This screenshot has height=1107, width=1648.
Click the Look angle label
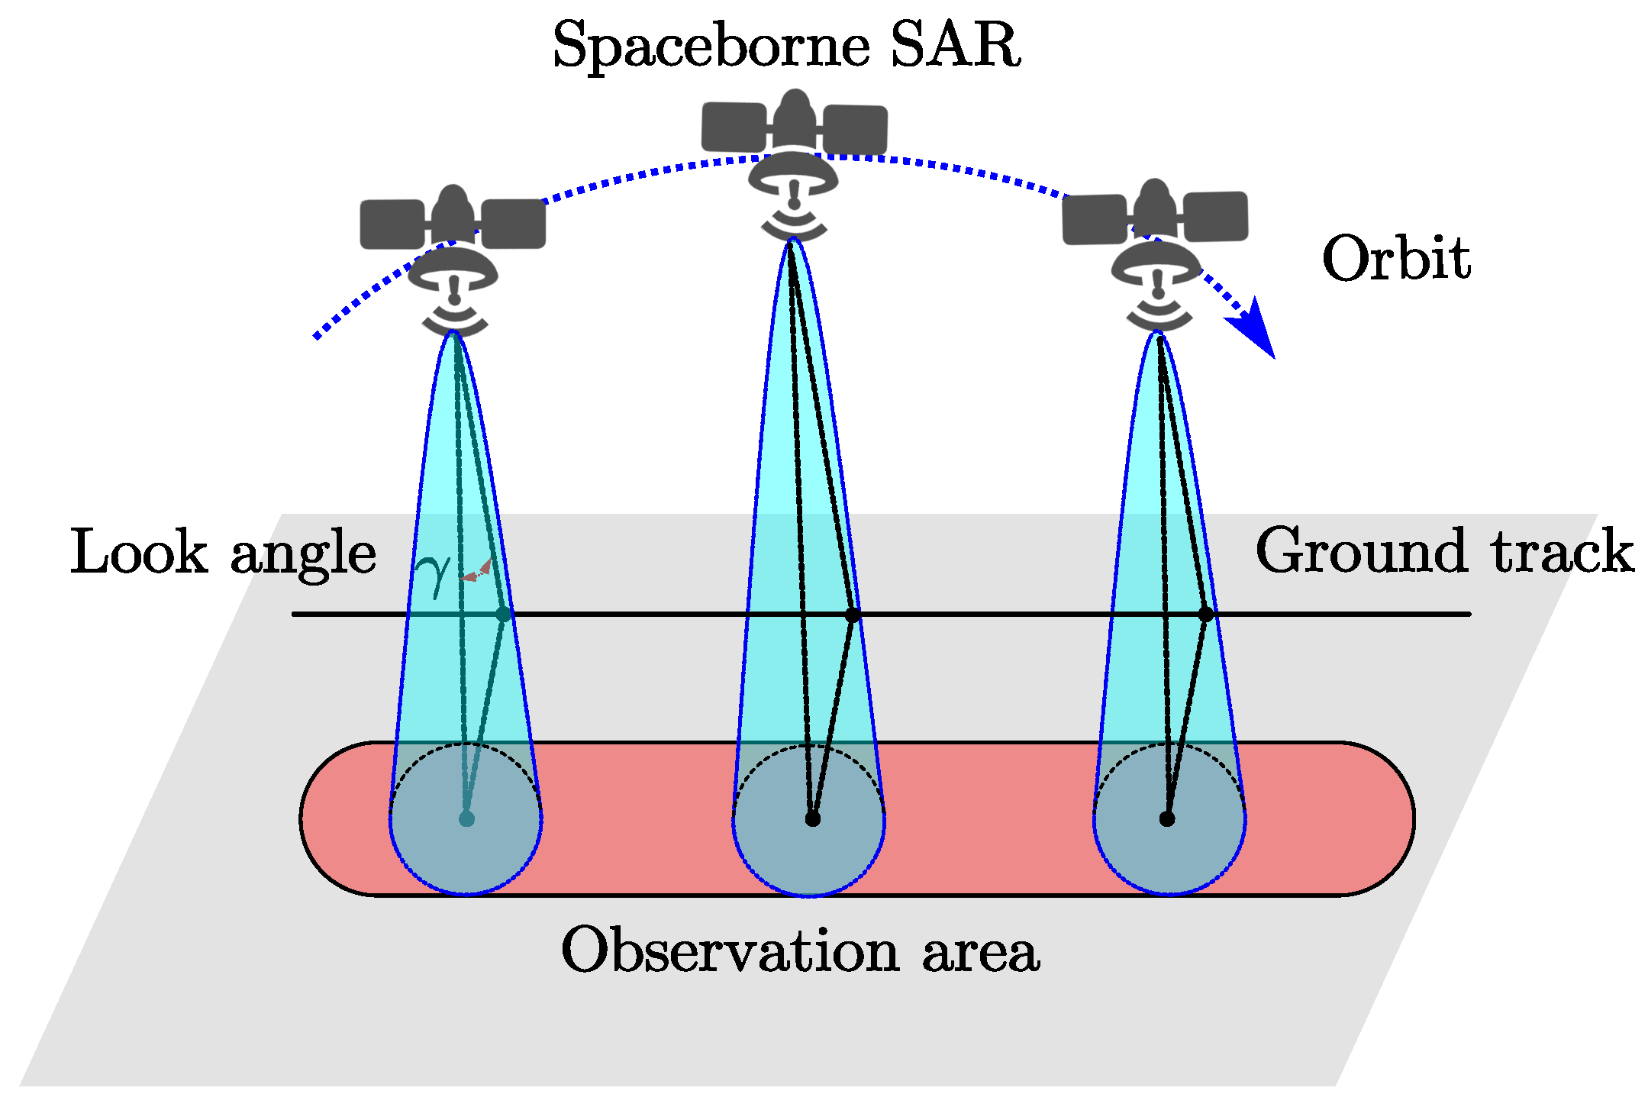click(x=223, y=552)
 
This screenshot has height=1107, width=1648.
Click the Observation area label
click(x=800, y=950)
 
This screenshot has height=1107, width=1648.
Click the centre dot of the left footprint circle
click(x=466, y=819)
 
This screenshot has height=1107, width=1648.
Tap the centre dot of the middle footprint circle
click(x=812, y=819)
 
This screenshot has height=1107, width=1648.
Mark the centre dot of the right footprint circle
click(x=1166, y=819)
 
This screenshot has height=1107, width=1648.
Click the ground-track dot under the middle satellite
click(x=853, y=615)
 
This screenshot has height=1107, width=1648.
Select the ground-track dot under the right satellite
click(x=1205, y=615)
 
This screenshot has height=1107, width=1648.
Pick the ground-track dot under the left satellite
click(x=503, y=615)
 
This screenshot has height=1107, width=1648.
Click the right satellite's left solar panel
click(x=1095, y=220)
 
